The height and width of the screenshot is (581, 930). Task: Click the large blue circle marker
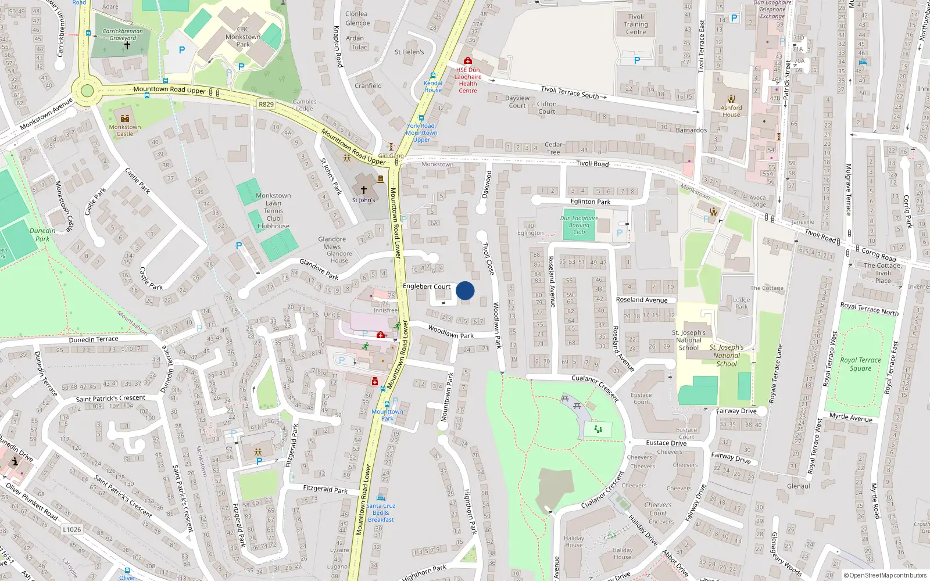click(x=465, y=290)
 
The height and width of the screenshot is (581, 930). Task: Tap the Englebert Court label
click(x=427, y=286)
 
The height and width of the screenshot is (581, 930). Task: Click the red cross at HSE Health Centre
click(x=467, y=60)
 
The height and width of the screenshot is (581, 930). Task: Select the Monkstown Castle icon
click(x=124, y=119)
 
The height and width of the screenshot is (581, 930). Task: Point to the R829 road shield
click(x=266, y=105)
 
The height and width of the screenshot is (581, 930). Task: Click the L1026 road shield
click(x=72, y=530)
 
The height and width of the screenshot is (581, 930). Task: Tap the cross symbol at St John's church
click(x=364, y=190)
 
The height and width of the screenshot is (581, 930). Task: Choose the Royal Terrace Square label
click(x=860, y=364)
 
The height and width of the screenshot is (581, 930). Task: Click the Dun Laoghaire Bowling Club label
click(x=579, y=225)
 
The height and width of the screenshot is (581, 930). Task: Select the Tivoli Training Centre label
click(x=636, y=24)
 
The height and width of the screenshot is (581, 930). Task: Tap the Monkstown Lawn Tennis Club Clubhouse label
click(x=273, y=211)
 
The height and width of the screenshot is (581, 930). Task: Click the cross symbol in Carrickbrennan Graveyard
click(x=127, y=45)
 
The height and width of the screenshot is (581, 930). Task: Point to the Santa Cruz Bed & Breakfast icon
click(x=381, y=498)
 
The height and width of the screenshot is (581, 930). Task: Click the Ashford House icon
click(x=731, y=99)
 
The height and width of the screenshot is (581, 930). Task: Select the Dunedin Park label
click(x=42, y=235)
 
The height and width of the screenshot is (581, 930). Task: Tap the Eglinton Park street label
click(x=591, y=202)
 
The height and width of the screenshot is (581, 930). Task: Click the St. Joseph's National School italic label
click(x=727, y=356)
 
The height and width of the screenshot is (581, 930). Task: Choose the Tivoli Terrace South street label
click(x=570, y=92)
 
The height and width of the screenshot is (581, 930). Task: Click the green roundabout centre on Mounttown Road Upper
click(x=87, y=91)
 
